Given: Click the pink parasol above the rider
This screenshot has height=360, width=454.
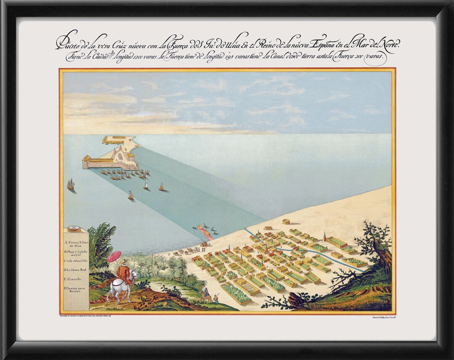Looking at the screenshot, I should [114, 256].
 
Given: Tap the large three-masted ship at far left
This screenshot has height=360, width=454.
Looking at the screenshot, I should [71, 185].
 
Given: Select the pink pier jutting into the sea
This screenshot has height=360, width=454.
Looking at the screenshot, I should [205, 231].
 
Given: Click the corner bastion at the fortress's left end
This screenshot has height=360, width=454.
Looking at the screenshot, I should [86, 162].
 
